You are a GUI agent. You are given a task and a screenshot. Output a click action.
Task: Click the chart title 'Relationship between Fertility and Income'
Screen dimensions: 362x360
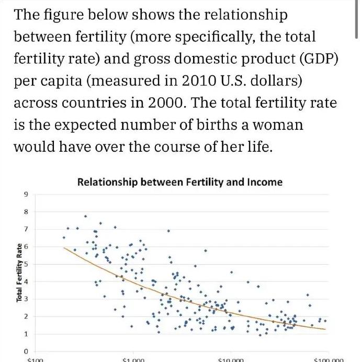click(x=179, y=182)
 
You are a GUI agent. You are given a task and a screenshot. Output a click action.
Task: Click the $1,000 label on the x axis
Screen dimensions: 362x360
click(x=132, y=360)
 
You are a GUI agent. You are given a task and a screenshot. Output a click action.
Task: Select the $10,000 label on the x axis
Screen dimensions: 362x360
click(x=229, y=360)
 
